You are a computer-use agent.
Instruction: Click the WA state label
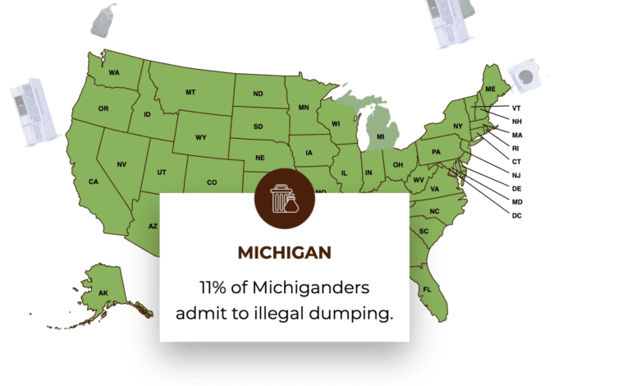114,73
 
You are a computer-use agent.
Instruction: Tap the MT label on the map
190,91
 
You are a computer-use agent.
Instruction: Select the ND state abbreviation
258,94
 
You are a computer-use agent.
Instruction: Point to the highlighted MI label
380,136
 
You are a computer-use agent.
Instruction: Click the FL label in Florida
427,290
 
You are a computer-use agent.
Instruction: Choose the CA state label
94,182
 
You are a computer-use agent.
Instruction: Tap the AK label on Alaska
103,293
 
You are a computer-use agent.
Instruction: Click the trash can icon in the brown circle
283,196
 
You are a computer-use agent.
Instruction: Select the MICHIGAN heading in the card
284,252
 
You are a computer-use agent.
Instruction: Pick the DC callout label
517,215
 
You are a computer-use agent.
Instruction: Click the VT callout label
516,108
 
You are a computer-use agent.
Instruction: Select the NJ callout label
516,175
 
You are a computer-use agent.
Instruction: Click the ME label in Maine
491,89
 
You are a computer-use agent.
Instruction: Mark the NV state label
121,165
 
